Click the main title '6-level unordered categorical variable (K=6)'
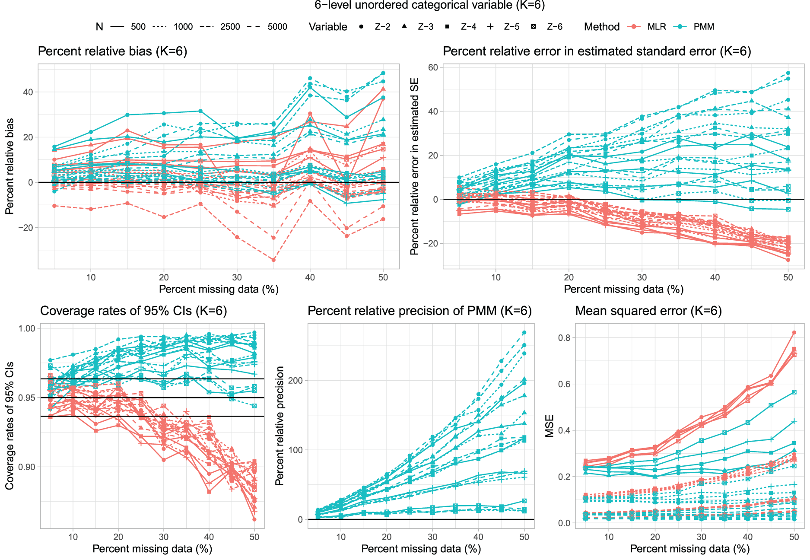click(429, 5)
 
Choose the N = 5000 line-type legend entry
click(267, 27)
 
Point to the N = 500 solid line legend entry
click(128, 27)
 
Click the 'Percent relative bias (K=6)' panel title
click(112, 51)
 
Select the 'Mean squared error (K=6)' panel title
click(648, 311)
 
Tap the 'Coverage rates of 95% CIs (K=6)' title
click(133, 311)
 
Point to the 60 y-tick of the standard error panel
click(433, 67)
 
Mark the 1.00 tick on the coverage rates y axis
click(27, 328)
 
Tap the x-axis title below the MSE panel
click(690, 549)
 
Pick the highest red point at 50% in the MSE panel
click(794, 333)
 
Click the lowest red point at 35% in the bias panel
click(273, 260)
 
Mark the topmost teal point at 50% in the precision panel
click(524, 333)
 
